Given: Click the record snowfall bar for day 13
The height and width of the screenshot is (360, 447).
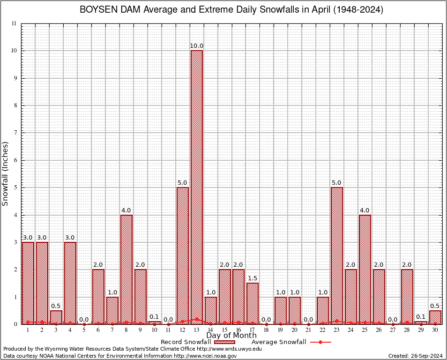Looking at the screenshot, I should tap(197, 187).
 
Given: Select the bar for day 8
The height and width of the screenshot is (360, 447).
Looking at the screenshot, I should tap(127, 270).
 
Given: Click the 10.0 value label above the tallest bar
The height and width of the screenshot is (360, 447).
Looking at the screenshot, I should tap(197, 46).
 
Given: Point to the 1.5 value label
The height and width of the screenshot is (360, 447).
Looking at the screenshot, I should tap(253, 278).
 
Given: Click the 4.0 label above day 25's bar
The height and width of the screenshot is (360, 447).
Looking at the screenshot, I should tap(365, 210).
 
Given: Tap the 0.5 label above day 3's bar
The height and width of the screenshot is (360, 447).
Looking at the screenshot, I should tap(56, 306).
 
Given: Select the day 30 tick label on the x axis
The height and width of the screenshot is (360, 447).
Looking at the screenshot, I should tap(435, 330).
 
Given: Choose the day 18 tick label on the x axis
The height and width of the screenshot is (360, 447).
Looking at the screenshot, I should tap(267, 330).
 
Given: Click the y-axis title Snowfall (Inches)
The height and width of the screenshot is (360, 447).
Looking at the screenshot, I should tap(6, 173).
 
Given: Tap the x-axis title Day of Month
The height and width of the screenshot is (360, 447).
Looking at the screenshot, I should tap(231, 336).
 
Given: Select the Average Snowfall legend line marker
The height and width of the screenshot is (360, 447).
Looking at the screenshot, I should tap(320, 342).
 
